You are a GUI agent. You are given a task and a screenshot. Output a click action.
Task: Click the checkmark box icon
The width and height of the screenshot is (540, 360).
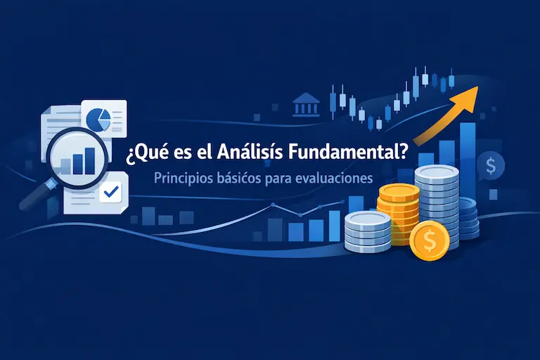point(110,191)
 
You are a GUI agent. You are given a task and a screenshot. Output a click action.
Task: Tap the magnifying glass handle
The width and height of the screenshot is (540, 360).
point(32,198)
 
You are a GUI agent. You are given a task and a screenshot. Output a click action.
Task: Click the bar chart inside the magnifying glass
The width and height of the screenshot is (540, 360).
point(77,160)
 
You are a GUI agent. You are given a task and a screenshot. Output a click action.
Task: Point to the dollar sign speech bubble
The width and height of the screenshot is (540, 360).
point(489,167)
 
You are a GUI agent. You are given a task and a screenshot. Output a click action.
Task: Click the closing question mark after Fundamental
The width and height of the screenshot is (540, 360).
point(401,150)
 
